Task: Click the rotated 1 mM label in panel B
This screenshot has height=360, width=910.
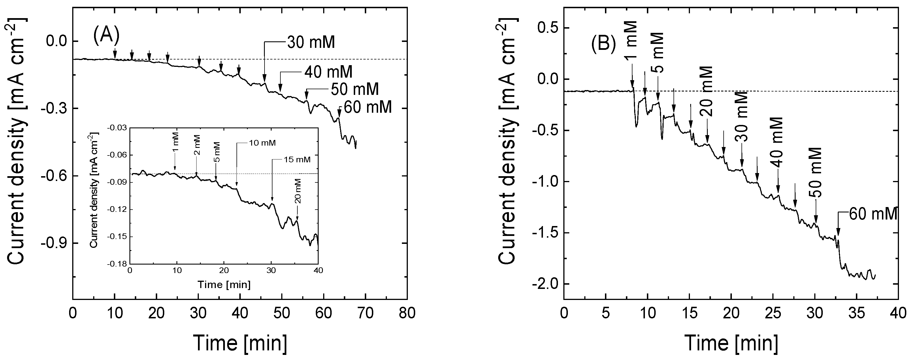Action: [x=631, y=40]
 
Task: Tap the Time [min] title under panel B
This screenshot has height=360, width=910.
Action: [x=731, y=342]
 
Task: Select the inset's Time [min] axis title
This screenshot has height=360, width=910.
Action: [x=224, y=284]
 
